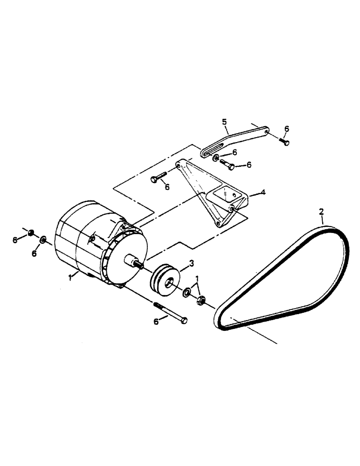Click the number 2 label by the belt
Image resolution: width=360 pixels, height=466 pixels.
click(x=321, y=212)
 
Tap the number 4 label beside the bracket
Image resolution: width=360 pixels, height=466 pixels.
click(x=263, y=192)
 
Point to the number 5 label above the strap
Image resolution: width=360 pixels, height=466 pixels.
click(x=225, y=122)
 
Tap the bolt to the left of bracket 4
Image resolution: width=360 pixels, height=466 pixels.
click(x=159, y=178)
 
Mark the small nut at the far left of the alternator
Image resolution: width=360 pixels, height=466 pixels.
click(x=31, y=233)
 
